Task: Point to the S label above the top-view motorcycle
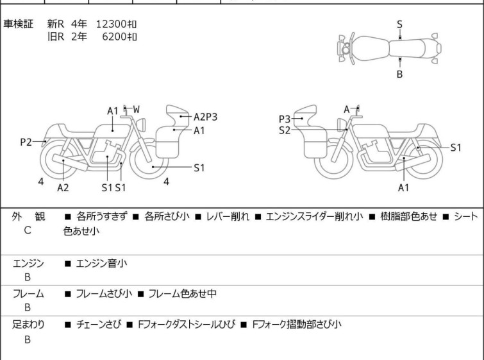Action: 399,24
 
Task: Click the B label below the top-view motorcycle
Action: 399,74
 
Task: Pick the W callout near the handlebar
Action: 137,109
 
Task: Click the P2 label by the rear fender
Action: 26,142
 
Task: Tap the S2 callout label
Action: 285,130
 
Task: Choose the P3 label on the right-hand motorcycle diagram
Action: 285,119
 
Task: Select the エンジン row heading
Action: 28,263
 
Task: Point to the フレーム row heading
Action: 28,294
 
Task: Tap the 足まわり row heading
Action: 28,325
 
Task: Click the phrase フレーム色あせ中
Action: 182,294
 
